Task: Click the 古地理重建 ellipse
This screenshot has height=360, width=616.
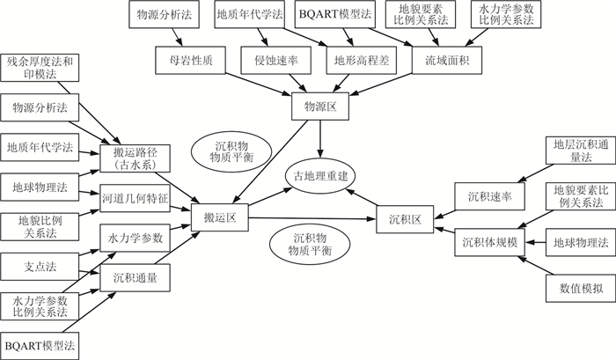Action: [319, 175]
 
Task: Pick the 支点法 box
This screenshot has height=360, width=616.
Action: [40, 263]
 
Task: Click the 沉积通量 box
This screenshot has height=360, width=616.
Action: [135, 277]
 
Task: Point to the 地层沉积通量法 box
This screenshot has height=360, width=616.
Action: [574, 150]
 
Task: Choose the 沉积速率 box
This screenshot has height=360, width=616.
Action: [489, 195]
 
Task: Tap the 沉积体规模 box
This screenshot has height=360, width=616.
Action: [489, 240]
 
